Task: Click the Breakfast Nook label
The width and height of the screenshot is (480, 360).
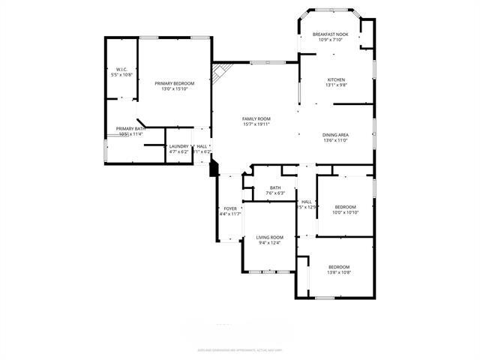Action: click(x=331, y=34)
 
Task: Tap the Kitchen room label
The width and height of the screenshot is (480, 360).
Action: click(x=335, y=79)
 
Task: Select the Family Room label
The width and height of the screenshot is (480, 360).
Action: click(x=256, y=118)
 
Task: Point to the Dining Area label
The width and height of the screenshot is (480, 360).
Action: click(x=335, y=135)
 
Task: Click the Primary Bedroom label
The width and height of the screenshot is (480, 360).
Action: click(x=174, y=83)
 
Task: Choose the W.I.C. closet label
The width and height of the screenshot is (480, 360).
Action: click(x=121, y=70)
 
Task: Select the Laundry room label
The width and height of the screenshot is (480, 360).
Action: click(x=178, y=146)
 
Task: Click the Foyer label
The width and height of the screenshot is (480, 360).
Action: click(x=229, y=208)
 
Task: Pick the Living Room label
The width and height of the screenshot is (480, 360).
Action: click(x=269, y=237)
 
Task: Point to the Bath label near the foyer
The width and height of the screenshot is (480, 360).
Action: click(x=275, y=188)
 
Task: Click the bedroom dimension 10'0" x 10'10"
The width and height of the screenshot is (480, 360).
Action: click(x=345, y=213)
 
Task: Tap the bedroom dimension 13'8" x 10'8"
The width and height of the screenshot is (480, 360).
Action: click(x=338, y=272)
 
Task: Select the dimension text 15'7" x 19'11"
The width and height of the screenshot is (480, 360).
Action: click(x=256, y=124)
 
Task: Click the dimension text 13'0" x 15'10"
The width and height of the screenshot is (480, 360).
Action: click(x=174, y=89)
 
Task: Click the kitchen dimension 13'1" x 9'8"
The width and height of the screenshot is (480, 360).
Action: click(x=335, y=85)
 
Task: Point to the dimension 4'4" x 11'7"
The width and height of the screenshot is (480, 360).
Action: click(x=229, y=214)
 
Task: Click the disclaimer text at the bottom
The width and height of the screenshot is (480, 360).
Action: click(x=239, y=349)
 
